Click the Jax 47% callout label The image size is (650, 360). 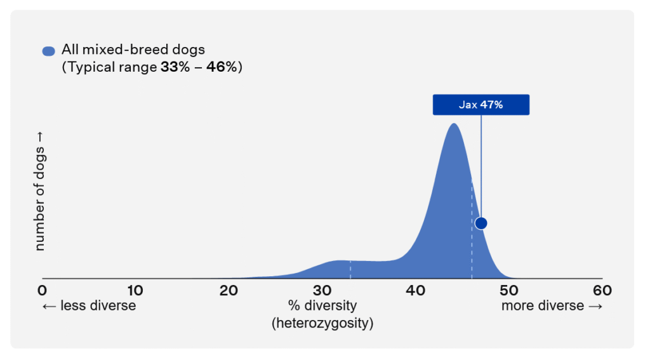tap(481, 105)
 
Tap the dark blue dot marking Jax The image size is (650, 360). tap(481, 223)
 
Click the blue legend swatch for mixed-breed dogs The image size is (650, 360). tap(48, 51)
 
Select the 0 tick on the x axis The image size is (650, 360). tap(42, 290)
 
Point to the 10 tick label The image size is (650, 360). tap(135, 290)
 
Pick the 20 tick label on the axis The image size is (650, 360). tap(229, 290)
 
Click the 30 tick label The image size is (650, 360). tap(322, 290)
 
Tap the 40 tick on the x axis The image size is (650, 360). tap(415, 290)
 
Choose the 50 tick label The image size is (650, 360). tap(508, 290)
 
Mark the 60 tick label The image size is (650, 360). tap(602, 290)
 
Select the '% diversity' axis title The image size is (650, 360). tap(322, 305)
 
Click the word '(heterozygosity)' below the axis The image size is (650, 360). tap(322, 323)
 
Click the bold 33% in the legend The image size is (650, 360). tap(175, 67)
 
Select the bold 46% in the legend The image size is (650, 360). tap(222, 67)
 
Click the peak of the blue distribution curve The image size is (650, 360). tap(454, 124)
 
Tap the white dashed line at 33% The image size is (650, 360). tap(350, 270)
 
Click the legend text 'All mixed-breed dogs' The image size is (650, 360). tap(133, 50)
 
